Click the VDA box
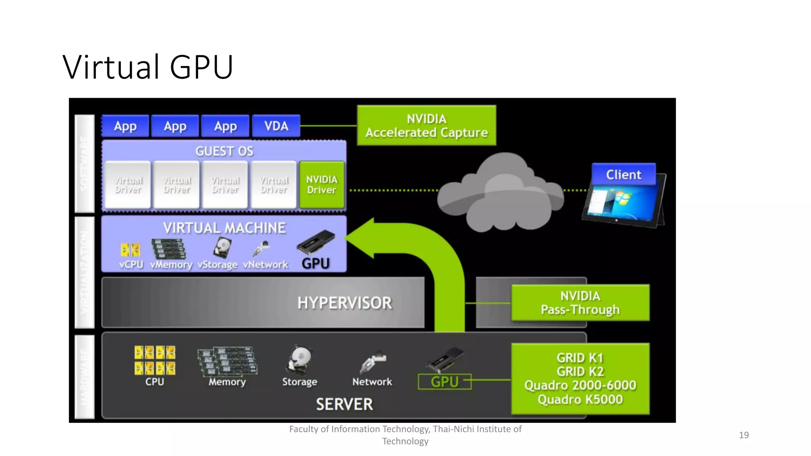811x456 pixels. (x=276, y=126)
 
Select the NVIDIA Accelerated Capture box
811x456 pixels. (x=426, y=125)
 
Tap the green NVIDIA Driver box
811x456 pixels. (x=322, y=184)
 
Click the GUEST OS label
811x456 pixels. (x=224, y=151)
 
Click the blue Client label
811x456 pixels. (x=623, y=175)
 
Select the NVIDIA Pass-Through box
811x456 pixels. (x=580, y=303)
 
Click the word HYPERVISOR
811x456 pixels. (x=345, y=303)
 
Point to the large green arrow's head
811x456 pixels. (x=362, y=237)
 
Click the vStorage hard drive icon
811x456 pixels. (x=222, y=248)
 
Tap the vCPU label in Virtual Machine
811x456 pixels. (x=131, y=264)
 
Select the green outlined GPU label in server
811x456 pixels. (x=444, y=382)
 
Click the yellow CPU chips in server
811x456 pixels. (x=154, y=360)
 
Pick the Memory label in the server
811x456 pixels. (x=227, y=382)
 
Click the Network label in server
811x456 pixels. (x=372, y=382)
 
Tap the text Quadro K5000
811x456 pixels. (x=580, y=399)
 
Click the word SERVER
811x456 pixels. (x=344, y=405)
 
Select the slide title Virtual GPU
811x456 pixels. (x=148, y=67)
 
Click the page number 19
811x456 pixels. (x=743, y=435)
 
